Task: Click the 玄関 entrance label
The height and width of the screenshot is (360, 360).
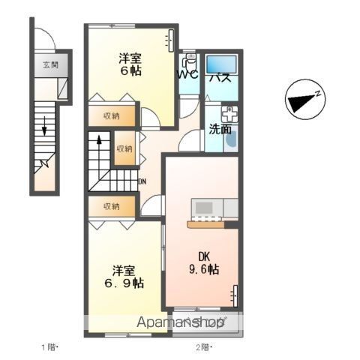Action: point(51,65)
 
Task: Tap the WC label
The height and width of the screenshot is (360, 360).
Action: point(187,74)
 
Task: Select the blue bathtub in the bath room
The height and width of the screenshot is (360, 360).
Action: point(220,64)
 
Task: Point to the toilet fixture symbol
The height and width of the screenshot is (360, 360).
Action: point(189,61)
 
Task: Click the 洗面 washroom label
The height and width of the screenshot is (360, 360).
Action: point(220,129)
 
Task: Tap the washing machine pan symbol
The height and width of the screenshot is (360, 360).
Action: point(229,115)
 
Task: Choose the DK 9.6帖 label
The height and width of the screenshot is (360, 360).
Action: point(204,263)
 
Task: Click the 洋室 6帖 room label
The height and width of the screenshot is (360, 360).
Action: point(130,64)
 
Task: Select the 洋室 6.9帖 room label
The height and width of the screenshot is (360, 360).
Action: point(124,277)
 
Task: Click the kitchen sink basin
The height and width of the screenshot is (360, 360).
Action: point(204,207)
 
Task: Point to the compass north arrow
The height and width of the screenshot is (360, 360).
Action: point(302,101)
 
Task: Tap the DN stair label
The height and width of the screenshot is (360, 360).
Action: point(142,181)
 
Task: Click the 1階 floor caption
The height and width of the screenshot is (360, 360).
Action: point(49,347)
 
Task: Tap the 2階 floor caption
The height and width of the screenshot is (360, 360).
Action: point(204,347)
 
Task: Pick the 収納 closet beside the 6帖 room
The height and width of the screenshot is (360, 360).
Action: point(112,116)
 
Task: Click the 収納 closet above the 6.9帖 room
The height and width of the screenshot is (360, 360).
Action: point(112,206)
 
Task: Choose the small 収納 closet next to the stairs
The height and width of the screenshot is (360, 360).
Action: point(124,149)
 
